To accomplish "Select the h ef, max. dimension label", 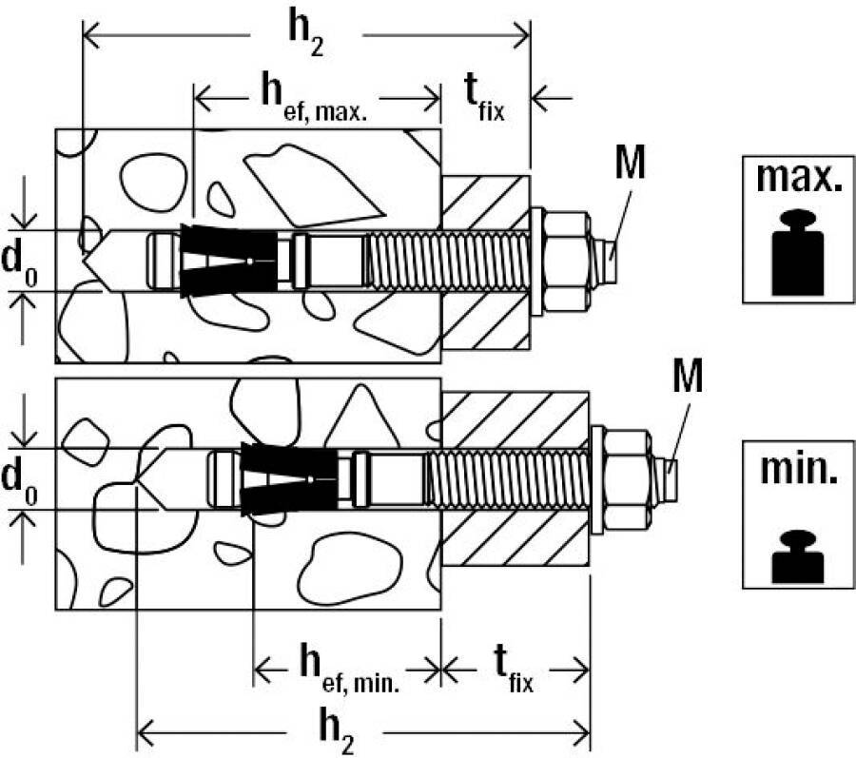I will (x=316, y=95).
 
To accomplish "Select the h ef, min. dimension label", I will (x=347, y=667).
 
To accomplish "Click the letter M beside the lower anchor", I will (x=686, y=379).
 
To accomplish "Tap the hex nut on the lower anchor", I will (x=629, y=476).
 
